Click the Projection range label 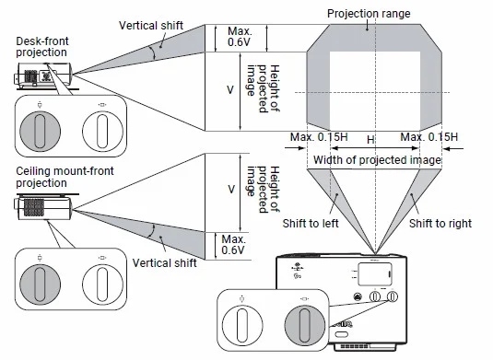click(x=369, y=14)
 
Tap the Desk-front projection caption click(x=42, y=46)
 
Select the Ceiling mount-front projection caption click(x=65, y=177)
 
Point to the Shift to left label click(x=311, y=224)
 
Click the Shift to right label click(x=440, y=224)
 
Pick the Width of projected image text click(x=377, y=160)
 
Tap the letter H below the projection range click(x=370, y=139)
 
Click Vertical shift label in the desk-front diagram click(x=151, y=26)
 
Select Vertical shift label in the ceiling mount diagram click(x=164, y=263)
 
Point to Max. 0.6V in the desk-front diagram click(x=240, y=37)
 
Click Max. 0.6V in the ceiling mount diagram click(x=233, y=245)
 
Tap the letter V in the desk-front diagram click(x=230, y=90)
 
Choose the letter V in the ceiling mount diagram click(x=231, y=190)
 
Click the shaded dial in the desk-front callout click(x=40, y=132)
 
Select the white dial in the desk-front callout click(x=102, y=132)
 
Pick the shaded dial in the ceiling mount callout click(x=40, y=285)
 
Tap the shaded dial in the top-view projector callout click(x=305, y=325)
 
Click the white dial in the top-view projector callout click(x=242, y=325)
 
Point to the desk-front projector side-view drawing click(x=43, y=75)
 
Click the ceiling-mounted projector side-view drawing click(x=43, y=206)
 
